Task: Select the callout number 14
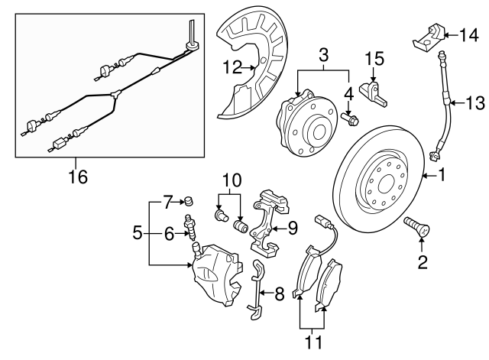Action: point(469,34)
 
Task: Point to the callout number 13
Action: point(476,102)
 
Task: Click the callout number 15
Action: point(372,58)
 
